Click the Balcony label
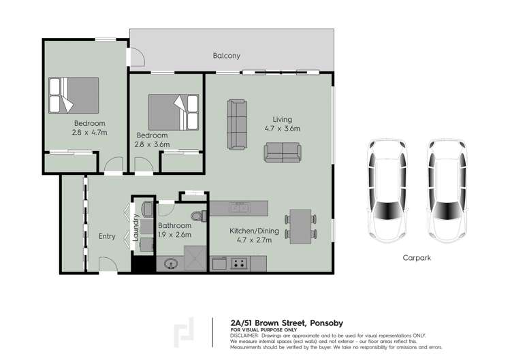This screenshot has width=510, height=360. click(x=226, y=56)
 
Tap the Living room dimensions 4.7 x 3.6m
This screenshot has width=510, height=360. click(x=283, y=128)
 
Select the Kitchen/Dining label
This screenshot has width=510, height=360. click(x=250, y=231)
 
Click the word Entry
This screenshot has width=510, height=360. click(x=107, y=236)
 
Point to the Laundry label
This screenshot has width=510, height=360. click(x=136, y=229)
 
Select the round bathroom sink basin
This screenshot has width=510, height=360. click(x=170, y=263)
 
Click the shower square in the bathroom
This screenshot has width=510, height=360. click(x=194, y=261)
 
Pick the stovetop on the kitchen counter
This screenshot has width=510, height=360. click(x=239, y=263)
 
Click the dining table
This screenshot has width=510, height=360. click(x=300, y=225)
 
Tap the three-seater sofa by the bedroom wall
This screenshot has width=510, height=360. click(x=238, y=124)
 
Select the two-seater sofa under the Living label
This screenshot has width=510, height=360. click(x=282, y=152)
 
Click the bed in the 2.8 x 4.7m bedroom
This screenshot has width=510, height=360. click(x=74, y=95)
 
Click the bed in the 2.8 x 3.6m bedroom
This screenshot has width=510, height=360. click(x=174, y=111)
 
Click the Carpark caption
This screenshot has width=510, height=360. click(x=416, y=258)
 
